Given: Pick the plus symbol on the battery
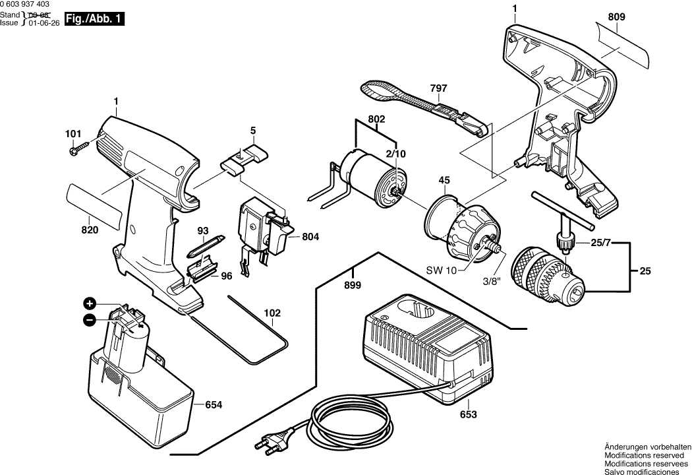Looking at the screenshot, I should click(89, 303).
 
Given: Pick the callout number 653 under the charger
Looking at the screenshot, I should click(468, 415).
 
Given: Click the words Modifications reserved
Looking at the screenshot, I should click(646, 455).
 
